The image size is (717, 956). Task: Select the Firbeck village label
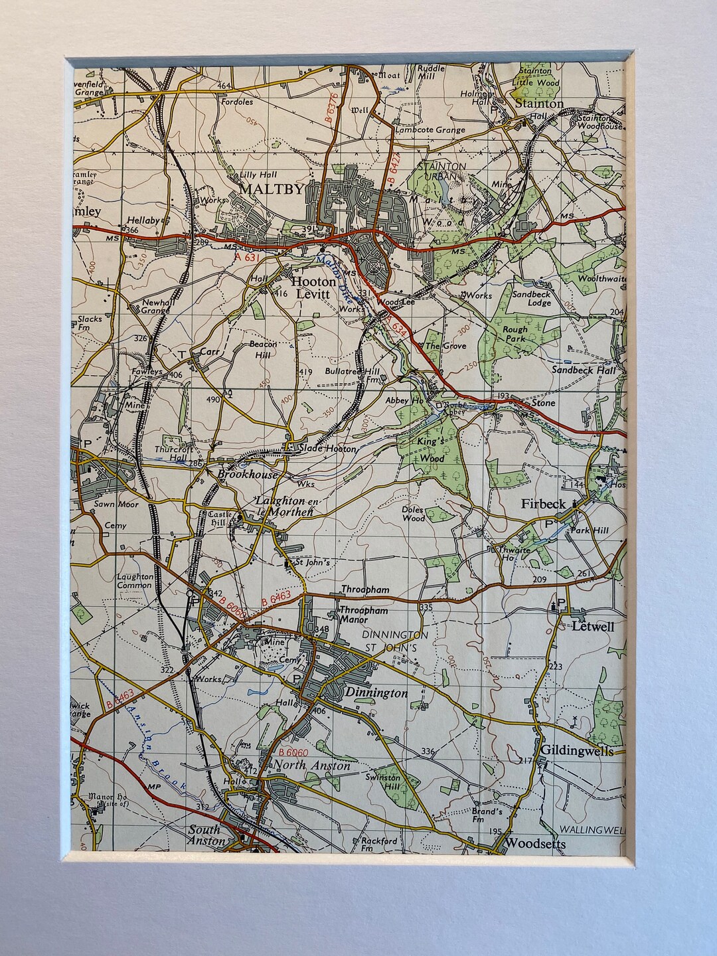point(543,504)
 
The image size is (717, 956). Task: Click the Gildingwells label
point(576,750)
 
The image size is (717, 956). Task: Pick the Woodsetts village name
point(536,843)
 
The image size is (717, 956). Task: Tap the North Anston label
point(312,765)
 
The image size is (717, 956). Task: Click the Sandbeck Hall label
point(584,370)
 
